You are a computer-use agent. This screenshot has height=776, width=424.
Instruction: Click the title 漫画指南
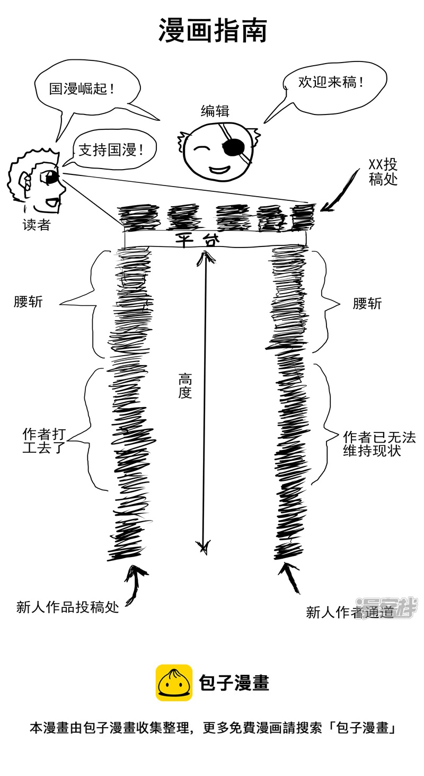pos(213,31)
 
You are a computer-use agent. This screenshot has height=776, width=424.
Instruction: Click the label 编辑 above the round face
pos(215,111)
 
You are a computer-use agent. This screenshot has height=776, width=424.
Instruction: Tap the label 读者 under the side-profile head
pos(36,225)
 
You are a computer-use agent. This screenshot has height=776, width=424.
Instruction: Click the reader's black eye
pos(51,178)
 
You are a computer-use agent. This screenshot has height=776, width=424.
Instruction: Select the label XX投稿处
pos(383,172)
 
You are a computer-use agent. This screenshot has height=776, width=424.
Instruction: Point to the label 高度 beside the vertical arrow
pos(184,386)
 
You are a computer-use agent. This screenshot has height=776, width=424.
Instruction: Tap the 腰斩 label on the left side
pos(28,302)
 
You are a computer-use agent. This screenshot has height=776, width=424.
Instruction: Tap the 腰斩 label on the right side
pos(367,304)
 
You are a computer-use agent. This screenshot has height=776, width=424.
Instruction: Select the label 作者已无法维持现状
pos(378,444)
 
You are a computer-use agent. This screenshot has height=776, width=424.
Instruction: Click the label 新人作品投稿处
pos(67,607)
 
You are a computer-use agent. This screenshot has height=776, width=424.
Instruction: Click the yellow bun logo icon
pos(174,683)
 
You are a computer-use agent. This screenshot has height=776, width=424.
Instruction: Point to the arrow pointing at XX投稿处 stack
pos(339,191)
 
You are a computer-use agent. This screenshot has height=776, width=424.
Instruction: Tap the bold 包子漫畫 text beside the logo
pos(234,683)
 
